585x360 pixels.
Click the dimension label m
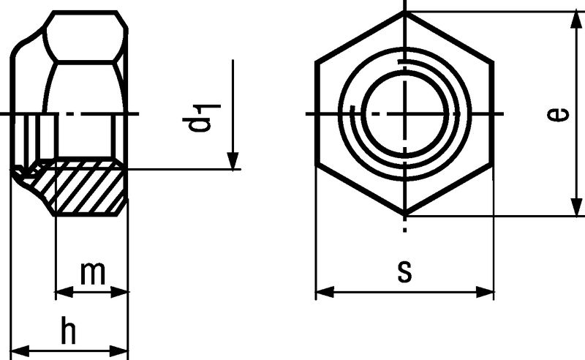coord(93,274)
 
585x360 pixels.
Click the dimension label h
coord(69,330)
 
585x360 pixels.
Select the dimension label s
coord(405,271)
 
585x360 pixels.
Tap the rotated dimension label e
coord(559,114)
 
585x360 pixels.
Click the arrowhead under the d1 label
coord(233,161)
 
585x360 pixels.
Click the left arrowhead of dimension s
coord(325,293)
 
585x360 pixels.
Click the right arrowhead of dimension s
coord(485,293)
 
